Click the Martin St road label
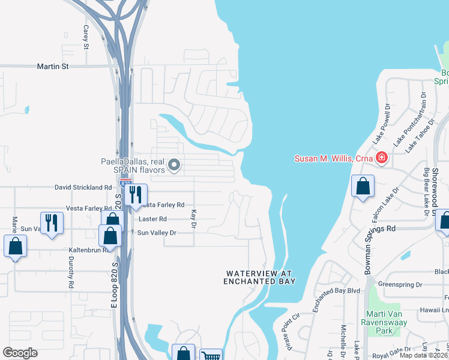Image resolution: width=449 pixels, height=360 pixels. [x=53, y=67]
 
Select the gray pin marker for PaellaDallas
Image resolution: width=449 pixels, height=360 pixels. [x=174, y=164]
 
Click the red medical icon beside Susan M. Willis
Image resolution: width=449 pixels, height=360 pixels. [x=381, y=158]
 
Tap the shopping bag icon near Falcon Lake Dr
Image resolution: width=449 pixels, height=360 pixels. [x=363, y=187]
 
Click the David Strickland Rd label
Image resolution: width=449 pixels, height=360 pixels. [x=83, y=187]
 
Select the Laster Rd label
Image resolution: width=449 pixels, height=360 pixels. [x=152, y=220]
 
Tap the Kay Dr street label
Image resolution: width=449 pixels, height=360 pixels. [x=193, y=218]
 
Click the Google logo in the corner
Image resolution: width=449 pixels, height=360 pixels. [x=19, y=353]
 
